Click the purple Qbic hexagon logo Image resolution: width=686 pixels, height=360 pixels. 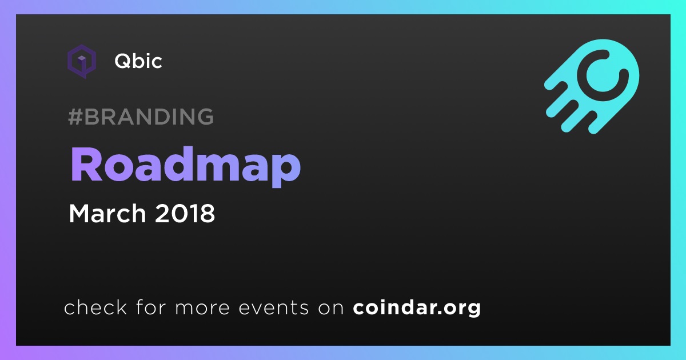pos(82,61)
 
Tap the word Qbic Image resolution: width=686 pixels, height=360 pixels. pos(138,61)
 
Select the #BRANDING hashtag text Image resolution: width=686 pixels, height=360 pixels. pos(141,117)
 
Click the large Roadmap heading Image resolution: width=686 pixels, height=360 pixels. pos(186,166)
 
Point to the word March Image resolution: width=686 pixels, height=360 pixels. pos(107,213)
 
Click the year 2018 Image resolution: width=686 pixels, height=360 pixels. pos(185,213)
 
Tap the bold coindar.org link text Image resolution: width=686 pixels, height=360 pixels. pos(417,308)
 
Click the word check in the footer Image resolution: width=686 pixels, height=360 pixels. pos(95,307)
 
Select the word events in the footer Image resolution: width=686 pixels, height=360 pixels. pos(273,307)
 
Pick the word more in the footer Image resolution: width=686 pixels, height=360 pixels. pos(202,308)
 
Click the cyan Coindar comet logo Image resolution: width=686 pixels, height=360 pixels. pos(592,86)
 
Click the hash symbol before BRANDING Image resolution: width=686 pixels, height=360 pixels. pos(75,117)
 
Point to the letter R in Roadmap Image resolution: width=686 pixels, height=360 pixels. pos(86,165)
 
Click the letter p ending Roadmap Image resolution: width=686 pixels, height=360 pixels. pos(286,169)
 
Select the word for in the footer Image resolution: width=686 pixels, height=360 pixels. pos(151,307)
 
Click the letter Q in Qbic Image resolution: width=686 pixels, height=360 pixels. pos(123,61)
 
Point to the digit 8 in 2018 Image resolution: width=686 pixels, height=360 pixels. pos(208,213)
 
